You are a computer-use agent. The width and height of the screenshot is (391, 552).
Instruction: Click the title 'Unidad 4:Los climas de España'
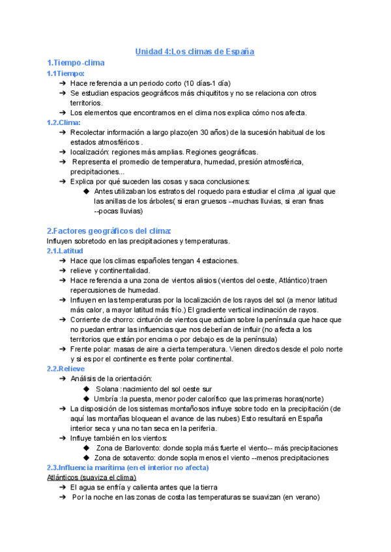tap(194, 51)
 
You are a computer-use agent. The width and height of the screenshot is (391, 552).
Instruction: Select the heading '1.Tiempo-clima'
tap(76, 62)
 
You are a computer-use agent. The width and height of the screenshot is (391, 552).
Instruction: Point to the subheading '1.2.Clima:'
tap(64, 122)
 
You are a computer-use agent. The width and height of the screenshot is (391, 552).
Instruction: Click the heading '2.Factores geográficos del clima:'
tap(109, 231)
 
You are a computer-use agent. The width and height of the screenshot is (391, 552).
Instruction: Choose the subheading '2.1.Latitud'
tap(65, 251)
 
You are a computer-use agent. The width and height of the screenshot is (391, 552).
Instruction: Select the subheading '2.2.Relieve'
tap(66, 368)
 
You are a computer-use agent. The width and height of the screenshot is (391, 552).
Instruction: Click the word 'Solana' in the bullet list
tap(107, 389)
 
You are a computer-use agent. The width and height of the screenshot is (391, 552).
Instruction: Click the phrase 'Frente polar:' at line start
tap(92, 349)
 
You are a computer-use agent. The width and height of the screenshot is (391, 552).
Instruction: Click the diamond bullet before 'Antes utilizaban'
tap(86, 191)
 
